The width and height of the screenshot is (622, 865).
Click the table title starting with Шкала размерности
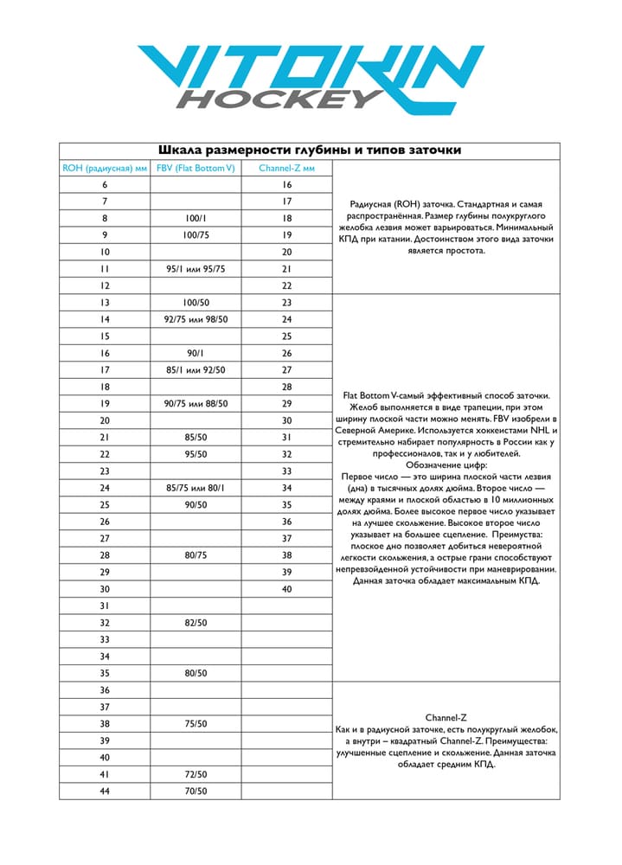[311, 151]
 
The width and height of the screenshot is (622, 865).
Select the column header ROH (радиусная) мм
[105, 168]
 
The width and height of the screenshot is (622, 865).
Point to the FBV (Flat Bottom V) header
[196, 168]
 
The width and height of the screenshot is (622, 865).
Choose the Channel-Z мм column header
[286, 168]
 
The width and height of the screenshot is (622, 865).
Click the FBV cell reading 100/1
[196, 219]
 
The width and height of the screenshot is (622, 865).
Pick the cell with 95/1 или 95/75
[196, 269]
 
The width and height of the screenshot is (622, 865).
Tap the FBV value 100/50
[196, 303]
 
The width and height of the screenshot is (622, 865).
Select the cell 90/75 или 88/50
[196, 404]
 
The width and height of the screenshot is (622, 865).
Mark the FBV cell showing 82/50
[196, 623]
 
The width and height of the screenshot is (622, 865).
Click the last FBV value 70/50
[196, 791]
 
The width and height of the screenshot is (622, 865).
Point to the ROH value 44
[105, 791]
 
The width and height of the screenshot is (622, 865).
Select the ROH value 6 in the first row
[105, 185]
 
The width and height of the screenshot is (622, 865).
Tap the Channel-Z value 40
[286, 589]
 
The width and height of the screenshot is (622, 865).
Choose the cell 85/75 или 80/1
[196, 488]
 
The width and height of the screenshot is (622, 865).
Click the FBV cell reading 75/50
[196, 724]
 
